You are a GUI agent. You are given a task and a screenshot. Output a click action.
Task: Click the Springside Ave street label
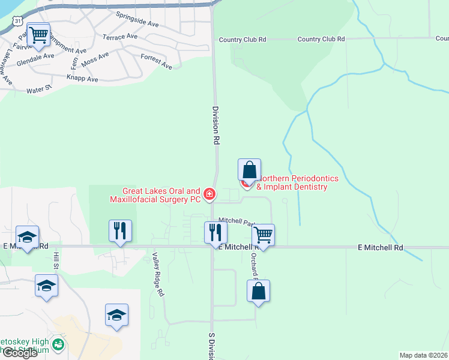[x=137, y=20]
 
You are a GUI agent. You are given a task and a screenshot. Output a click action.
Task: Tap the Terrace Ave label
[x=120, y=37]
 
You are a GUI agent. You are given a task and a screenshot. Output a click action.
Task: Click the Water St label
[x=40, y=91]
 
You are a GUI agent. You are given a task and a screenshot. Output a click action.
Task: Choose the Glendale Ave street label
[x=35, y=62]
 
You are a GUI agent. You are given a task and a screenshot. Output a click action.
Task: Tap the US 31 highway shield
[x=20, y=21]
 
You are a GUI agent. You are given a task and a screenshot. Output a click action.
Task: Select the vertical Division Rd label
[x=215, y=125]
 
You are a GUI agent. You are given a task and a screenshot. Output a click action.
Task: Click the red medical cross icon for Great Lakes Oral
[x=209, y=194]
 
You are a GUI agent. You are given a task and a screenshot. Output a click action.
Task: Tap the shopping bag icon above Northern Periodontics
[x=249, y=169]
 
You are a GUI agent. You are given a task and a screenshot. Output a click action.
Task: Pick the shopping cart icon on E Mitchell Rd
[x=263, y=234]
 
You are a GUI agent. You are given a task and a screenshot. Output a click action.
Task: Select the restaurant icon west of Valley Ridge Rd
[x=120, y=230]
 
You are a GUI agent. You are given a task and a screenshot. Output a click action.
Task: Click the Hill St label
[x=56, y=260]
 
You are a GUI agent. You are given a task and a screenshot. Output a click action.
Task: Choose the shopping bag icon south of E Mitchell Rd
[x=258, y=291]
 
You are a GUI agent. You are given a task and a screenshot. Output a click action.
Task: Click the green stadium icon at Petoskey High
[x=58, y=344]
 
